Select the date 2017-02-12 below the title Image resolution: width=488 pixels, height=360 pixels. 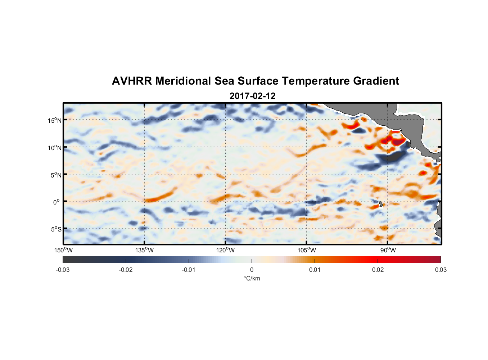[252, 96]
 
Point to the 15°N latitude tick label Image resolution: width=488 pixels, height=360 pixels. [55, 120]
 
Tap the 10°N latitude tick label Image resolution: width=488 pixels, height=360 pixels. [55, 148]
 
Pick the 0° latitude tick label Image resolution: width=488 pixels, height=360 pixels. [57, 202]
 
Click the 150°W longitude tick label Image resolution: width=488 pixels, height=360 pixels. [63, 250]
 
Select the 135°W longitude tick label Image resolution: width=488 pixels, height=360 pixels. [144, 250]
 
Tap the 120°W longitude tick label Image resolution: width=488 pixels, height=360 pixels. [225, 250]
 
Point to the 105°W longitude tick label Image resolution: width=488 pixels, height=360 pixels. [307, 250]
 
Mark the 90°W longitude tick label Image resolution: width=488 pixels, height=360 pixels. [388, 250]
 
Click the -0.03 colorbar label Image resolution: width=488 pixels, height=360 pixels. [63, 270]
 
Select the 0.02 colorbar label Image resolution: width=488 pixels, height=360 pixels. [378, 270]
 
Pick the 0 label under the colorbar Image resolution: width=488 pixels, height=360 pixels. [252, 270]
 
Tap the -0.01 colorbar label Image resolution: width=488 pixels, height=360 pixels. [189, 270]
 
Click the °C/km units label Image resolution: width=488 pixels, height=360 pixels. [252, 278]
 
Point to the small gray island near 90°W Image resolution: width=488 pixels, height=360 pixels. [380, 204]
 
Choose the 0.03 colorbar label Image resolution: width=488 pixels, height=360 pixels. [440, 270]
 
